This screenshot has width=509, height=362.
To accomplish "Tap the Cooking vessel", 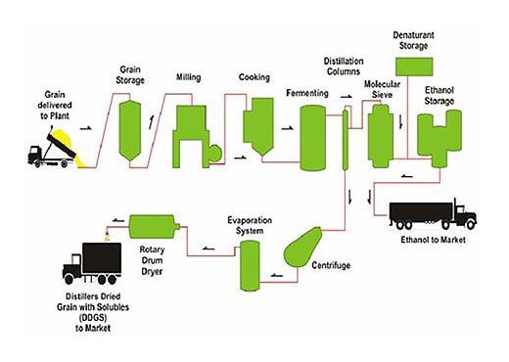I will (257, 124).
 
